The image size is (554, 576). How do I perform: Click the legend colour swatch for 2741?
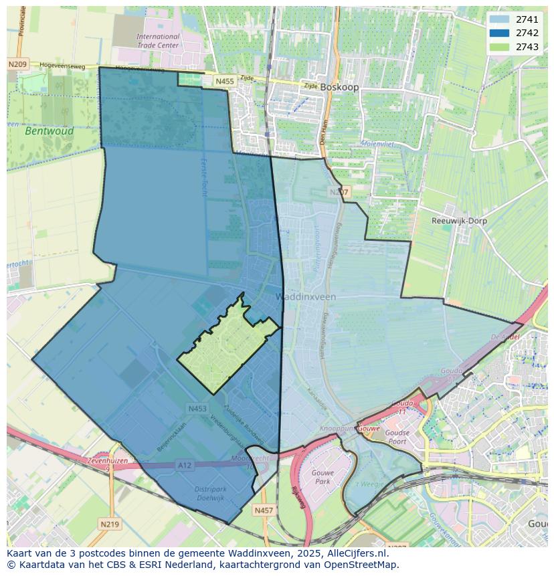click(498, 19)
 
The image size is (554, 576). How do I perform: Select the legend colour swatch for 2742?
click(498, 33)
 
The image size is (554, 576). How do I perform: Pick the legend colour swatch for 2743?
click(498, 46)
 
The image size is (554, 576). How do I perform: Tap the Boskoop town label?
click(339, 87)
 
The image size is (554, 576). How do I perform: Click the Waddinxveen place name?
click(306, 296)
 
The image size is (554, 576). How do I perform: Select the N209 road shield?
click(17, 64)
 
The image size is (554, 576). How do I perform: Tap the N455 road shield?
click(225, 81)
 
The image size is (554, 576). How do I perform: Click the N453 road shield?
click(197, 408)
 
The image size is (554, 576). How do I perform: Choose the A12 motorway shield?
click(185, 464)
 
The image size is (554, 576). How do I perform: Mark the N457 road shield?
click(264, 510)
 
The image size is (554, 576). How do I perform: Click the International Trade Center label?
click(158, 41)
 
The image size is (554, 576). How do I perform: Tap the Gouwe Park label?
click(322, 477)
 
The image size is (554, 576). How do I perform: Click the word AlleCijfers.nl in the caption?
click(355, 553)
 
